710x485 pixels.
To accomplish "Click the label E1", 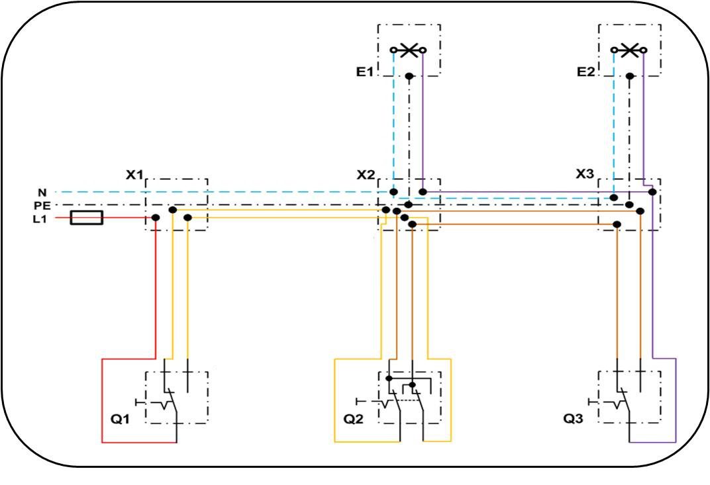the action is pyautogui.click(x=364, y=72).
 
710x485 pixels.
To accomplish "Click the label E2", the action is pyautogui.click(x=585, y=72).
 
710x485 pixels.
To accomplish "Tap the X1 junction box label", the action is pyautogui.click(x=134, y=175).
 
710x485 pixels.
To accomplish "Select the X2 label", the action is pyautogui.click(x=366, y=175).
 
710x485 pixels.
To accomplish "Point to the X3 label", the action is pyautogui.click(x=585, y=174).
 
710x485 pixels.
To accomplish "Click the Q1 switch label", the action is pyautogui.click(x=120, y=419).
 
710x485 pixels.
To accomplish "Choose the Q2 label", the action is pyautogui.click(x=353, y=419).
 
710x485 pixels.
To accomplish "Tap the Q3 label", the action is pyautogui.click(x=573, y=419).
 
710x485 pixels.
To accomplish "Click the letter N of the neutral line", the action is pyautogui.click(x=42, y=193).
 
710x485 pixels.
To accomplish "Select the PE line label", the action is pyautogui.click(x=42, y=206).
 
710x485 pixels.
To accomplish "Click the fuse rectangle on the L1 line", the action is pyautogui.click(x=87, y=218).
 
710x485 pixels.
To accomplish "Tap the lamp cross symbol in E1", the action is pyautogui.click(x=409, y=50).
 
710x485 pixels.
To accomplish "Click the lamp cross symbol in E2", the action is pyautogui.click(x=629, y=50).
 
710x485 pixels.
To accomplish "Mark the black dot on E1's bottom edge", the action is pyautogui.click(x=409, y=76).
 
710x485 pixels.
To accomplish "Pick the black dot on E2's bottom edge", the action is pyautogui.click(x=630, y=76).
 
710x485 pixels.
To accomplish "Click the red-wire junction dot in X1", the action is pyautogui.click(x=156, y=218).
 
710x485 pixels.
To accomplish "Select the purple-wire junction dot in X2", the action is pyautogui.click(x=423, y=192).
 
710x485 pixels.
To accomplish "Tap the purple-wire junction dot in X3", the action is pyautogui.click(x=652, y=192).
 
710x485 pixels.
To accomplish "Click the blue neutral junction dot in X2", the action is pyautogui.click(x=394, y=192).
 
